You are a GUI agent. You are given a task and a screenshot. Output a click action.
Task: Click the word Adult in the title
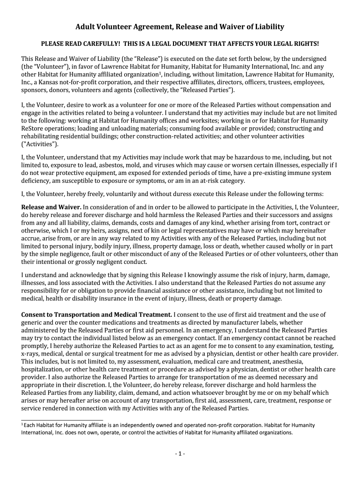(x=86, y=27)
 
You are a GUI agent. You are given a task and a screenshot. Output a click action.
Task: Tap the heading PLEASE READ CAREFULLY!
(x=76, y=44)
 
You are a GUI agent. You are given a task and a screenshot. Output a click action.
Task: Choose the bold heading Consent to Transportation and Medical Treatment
(x=97, y=314)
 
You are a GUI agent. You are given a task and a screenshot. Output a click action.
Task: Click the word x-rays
(x=30, y=354)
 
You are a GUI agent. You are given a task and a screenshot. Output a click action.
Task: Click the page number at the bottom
(x=180, y=454)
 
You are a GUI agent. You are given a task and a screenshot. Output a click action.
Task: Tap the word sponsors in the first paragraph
(x=35, y=90)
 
